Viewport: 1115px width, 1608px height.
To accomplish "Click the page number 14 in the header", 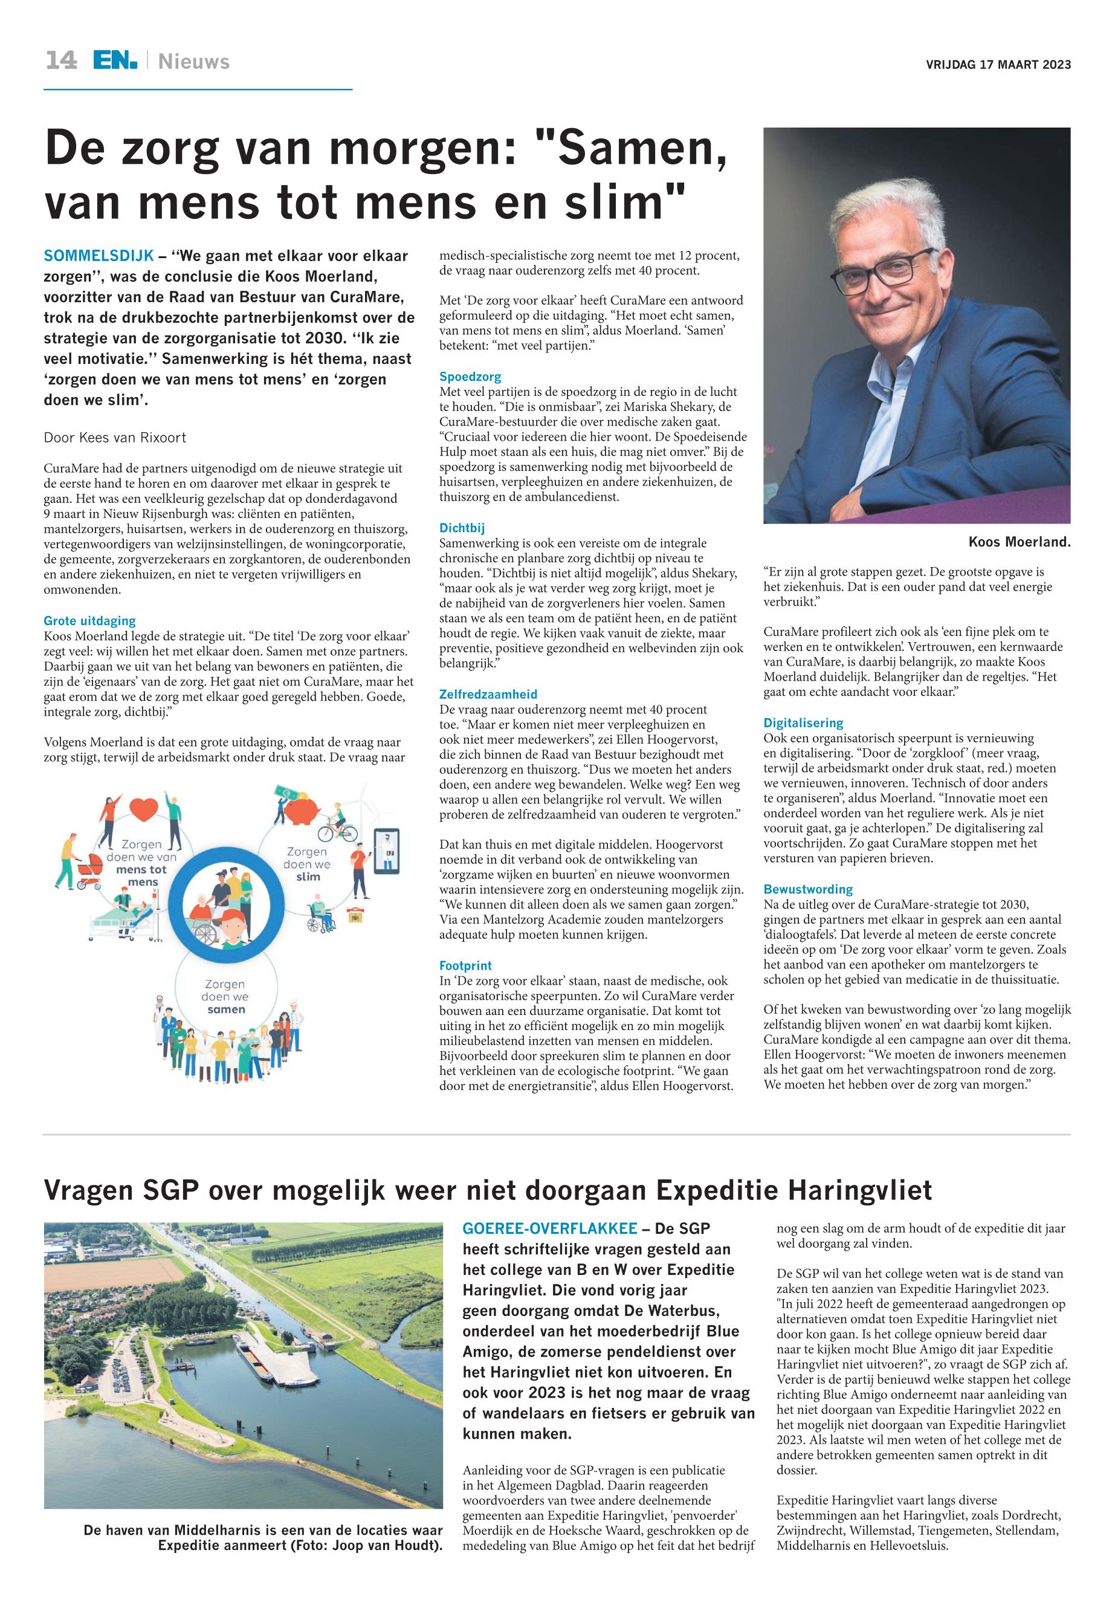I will pyautogui.click(x=61, y=61).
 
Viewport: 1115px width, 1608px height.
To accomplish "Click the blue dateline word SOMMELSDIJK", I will pyautogui.click(x=99, y=256).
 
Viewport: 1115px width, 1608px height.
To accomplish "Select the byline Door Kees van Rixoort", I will pyautogui.click(x=115, y=438).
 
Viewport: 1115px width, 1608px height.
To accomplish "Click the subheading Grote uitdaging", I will pyautogui.click(x=89, y=621).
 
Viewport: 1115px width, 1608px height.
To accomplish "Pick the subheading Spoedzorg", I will pyautogui.click(x=470, y=377).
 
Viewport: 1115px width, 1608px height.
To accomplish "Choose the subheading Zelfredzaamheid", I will pyautogui.click(x=488, y=694).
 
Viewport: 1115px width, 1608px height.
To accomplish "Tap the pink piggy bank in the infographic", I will pyautogui.click(x=305, y=814).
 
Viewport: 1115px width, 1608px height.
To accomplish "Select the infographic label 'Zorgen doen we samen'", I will pyautogui.click(x=225, y=996).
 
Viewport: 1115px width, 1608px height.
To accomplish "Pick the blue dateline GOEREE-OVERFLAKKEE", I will pyautogui.click(x=550, y=1228).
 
